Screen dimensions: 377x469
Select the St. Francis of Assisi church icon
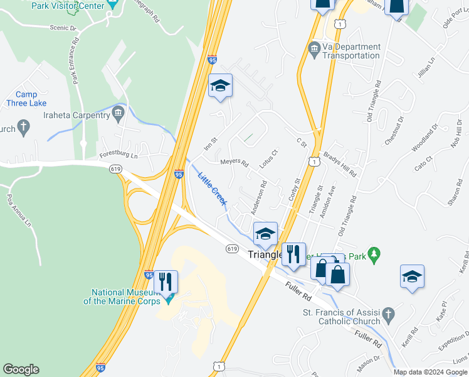pyautogui.click(x=388, y=313)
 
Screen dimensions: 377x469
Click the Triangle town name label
pyautogui.click(x=264, y=255)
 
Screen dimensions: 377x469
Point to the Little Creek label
pyautogui.click(x=212, y=187)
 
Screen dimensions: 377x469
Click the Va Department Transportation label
pyautogui.click(x=351, y=51)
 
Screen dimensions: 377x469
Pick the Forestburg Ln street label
pyautogui.click(x=119, y=155)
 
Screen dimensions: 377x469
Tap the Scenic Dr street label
pyautogui.click(x=63, y=28)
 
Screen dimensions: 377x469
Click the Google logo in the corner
pyautogui.click(x=21, y=369)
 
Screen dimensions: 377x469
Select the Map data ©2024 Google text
pyautogui.click(x=430, y=372)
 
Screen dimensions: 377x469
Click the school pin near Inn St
pyautogui.click(x=220, y=85)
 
